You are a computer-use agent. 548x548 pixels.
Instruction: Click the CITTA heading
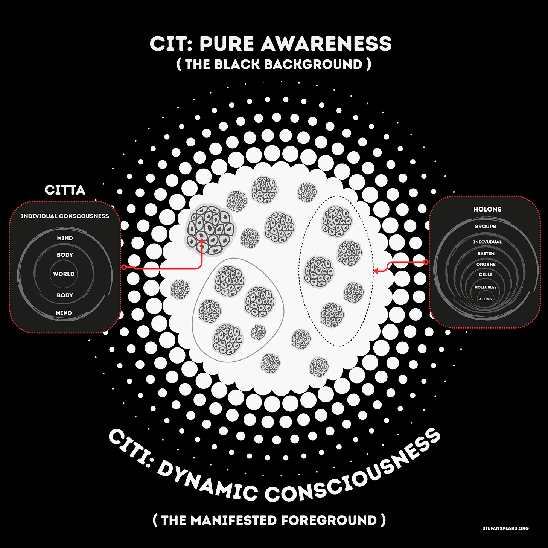(65, 190)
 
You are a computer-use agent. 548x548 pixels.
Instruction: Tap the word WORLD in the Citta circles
(64, 274)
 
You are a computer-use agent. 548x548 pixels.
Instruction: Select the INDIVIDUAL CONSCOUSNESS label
(65, 216)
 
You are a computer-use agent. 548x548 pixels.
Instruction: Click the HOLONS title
(487, 209)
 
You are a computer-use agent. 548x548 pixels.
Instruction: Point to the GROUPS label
(485, 227)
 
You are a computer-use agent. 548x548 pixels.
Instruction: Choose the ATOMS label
(486, 299)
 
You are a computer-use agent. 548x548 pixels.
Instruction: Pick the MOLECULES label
(486, 287)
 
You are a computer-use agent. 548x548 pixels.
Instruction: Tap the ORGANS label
(486, 265)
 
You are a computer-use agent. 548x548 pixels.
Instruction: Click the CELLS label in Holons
(486, 274)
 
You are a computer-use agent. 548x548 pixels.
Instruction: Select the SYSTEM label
(486, 254)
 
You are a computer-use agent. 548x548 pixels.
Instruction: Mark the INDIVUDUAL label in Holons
(487, 242)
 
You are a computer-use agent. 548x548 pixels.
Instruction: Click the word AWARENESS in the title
(326, 44)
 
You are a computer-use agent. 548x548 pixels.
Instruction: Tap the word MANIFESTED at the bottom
(234, 520)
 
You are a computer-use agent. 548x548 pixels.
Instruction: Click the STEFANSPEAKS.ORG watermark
(505, 528)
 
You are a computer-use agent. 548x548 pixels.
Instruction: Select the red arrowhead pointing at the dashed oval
(376, 271)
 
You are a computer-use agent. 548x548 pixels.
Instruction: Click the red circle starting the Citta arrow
(124, 267)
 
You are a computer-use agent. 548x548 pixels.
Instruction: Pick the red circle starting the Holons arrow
(426, 262)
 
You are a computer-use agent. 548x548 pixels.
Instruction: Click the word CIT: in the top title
(171, 44)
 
